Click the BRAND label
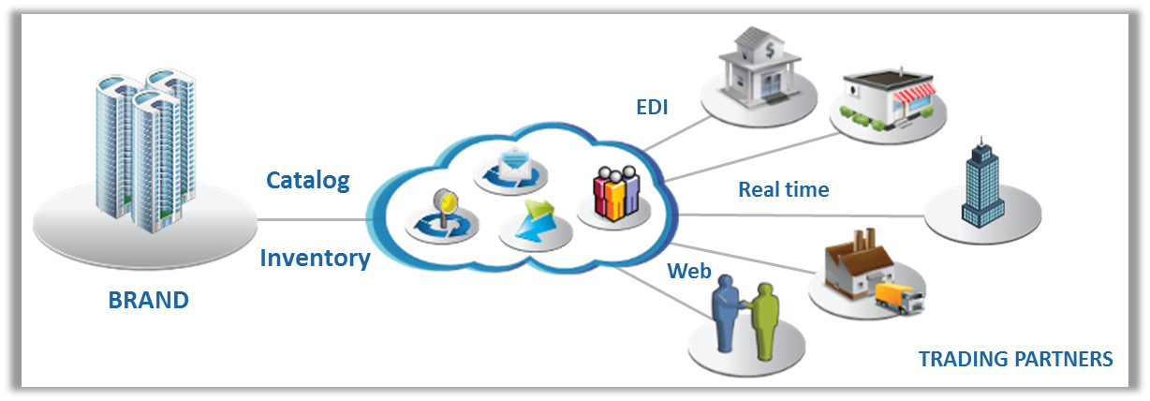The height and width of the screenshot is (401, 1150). (x=148, y=300)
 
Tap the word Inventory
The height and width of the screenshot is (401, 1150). (x=315, y=257)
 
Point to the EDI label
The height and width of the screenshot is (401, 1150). (x=652, y=106)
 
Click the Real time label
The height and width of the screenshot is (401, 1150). (x=783, y=189)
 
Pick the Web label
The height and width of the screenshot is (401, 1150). (x=688, y=272)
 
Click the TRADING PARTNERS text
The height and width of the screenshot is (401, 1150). (x=1015, y=359)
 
